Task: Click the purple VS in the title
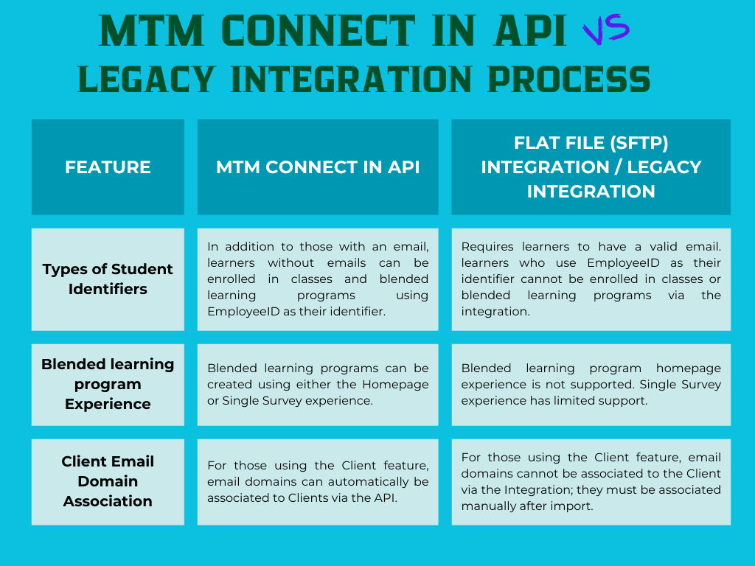click(x=606, y=30)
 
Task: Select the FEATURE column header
click(x=108, y=167)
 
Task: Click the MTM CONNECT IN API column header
click(x=318, y=167)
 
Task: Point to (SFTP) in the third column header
click(x=635, y=143)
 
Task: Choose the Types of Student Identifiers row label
click(x=108, y=279)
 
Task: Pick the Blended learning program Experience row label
click(x=108, y=384)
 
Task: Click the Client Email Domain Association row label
click(x=108, y=481)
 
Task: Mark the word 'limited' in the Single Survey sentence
click(x=601, y=400)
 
